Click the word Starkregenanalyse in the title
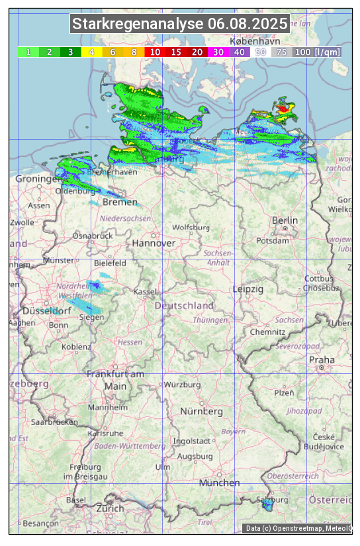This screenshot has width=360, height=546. pos(138,24)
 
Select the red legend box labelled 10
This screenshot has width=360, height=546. pos(155,52)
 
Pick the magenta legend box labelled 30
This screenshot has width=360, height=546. pos(218,52)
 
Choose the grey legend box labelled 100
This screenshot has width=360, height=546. pos(302,52)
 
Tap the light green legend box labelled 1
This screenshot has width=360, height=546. pos(28,52)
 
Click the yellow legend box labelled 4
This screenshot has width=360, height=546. pos(91,52)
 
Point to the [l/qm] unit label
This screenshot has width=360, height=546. pos(328,52)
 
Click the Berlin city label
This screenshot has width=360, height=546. pos(285,220)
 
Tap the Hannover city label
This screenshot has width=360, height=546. pos(154,243)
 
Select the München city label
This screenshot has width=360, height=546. pos(219,483)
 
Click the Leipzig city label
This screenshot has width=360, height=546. pos(248,289)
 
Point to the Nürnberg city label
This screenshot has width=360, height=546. pos(202,412)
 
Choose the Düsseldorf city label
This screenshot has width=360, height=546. pos(46,311)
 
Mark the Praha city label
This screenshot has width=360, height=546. pos(322,359)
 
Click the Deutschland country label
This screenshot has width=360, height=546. pos(184,306)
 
